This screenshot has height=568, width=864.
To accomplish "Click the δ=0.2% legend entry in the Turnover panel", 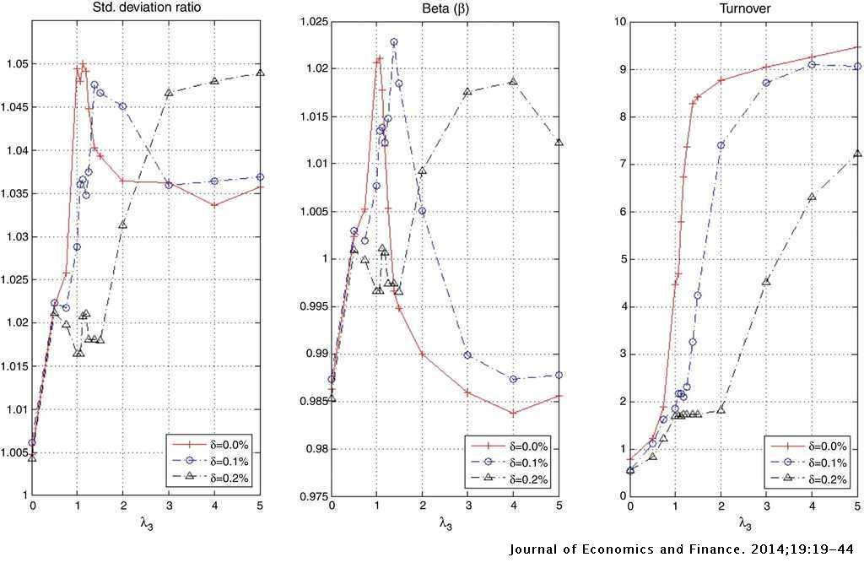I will tap(823, 479).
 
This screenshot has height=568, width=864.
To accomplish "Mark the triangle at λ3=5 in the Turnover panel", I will tap(857, 154).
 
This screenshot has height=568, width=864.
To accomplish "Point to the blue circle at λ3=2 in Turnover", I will tap(721, 145).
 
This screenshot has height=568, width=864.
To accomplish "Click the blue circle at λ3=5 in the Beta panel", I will tap(559, 375).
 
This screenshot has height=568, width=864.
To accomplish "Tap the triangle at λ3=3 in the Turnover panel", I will tap(766, 281).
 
